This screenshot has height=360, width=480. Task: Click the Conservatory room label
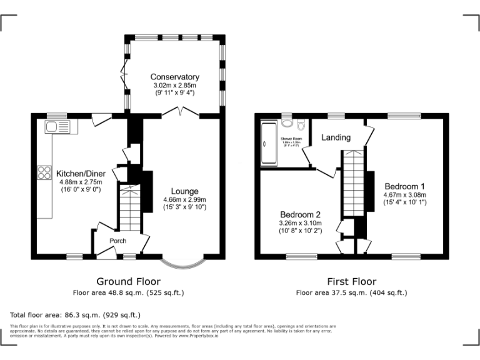(x=174, y=77)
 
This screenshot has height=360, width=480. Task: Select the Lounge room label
(x=185, y=191)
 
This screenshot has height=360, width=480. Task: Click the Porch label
(x=118, y=241)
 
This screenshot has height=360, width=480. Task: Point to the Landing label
(x=336, y=137)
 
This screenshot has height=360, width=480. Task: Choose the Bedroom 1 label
(x=404, y=186)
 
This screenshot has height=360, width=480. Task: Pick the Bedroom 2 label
(x=300, y=213)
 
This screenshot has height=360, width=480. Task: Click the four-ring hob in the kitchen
(x=44, y=172)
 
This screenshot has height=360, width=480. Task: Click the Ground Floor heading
(x=128, y=282)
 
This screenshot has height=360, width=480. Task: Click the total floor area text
(x=76, y=315)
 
